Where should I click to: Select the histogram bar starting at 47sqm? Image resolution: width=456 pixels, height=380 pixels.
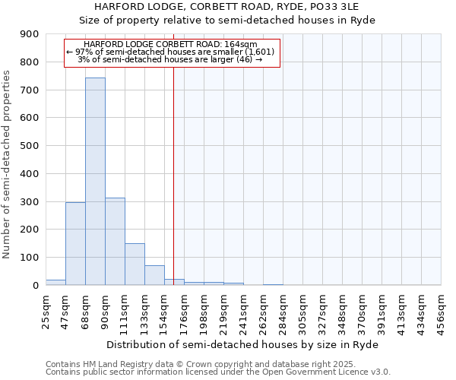point(75,243)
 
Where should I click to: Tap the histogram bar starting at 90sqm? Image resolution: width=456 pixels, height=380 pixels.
point(115,241)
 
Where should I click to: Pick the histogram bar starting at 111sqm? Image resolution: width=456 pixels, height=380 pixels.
point(135,264)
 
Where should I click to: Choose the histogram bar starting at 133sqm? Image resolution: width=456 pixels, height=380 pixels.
point(154,275)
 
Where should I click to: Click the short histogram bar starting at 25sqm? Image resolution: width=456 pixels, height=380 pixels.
point(55,282)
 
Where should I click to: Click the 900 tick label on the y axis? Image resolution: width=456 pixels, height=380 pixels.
point(29,34)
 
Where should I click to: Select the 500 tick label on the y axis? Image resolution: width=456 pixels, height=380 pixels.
point(29,146)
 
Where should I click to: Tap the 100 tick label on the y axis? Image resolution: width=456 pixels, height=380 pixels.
point(29,258)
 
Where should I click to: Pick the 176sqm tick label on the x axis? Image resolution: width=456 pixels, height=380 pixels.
point(184,311)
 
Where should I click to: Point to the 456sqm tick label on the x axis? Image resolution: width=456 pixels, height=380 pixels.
point(441,311)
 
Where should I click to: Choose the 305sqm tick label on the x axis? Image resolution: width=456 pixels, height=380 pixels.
point(302,311)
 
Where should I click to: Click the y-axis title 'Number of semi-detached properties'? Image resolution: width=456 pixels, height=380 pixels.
point(8,164)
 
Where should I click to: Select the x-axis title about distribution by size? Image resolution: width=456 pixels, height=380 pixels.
point(242,344)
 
